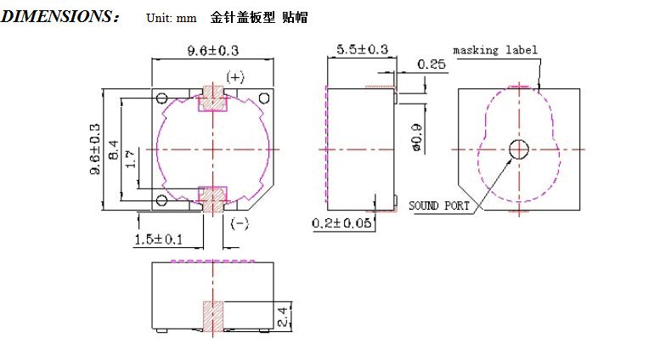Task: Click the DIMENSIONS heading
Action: (60, 17)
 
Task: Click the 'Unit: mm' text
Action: (172, 18)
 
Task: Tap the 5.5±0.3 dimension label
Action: (363, 49)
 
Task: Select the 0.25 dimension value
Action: (432, 65)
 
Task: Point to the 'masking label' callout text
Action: (495, 50)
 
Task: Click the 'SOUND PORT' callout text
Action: (439, 205)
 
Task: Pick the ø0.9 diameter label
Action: (416, 137)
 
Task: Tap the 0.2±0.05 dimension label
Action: (341, 223)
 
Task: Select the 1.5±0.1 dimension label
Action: (159, 239)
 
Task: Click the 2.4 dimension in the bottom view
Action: (283, 317)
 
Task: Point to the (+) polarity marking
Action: (235, 77)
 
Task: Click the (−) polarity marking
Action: (240, 223)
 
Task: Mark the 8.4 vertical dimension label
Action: (113, 149)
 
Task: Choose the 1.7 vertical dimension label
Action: (131, 159)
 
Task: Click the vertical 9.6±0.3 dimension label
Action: (95, 149)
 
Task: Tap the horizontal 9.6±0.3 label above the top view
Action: (213, 51)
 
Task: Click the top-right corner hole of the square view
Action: (264, 98)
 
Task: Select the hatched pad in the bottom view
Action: (213, 316)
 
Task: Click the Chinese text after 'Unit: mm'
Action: (259, 17)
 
